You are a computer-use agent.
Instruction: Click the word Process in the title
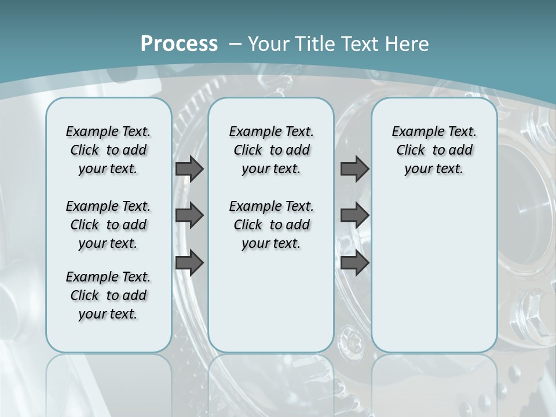(x=179, y=43)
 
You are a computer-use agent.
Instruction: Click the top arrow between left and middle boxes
(x=189, y=169)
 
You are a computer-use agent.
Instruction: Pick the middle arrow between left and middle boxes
(x=189, y=215)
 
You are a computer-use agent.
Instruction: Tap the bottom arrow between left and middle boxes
(x=189, y=263)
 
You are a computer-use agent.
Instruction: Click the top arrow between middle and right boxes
(x=354, y=169)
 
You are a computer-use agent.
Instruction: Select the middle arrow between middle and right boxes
(x=354, y=215)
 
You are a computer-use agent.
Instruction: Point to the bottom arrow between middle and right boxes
(x=354, y=263)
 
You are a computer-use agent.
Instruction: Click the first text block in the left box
(x=108, y=150)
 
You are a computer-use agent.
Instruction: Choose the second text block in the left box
(x=108, y=225)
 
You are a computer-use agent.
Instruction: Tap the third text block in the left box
(x=108, y=295)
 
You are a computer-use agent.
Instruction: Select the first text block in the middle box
(x=272, y=150)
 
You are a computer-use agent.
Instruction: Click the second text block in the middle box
(x=272, y=225)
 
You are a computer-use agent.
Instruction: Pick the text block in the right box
(x=434, y=150)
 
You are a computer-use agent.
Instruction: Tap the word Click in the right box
(x=411, y=150)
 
